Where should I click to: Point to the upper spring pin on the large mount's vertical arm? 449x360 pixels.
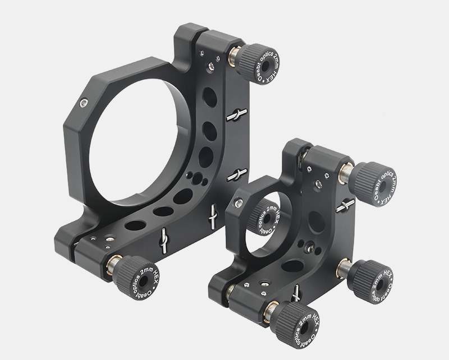pyautogui.click(x=236, y=115)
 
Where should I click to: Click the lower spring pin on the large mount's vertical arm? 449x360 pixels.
pyautogui.click(x=237, y=174)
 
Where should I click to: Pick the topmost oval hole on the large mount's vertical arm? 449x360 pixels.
pyautogui.click(x=209, y=95)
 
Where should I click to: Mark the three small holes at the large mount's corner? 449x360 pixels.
pyautogui.click(x=196, y=178)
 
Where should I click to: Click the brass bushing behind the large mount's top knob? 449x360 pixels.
pyautogui.click(x=232, y=54)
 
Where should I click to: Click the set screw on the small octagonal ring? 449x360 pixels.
pyautogui.click(x=239, y=204)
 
